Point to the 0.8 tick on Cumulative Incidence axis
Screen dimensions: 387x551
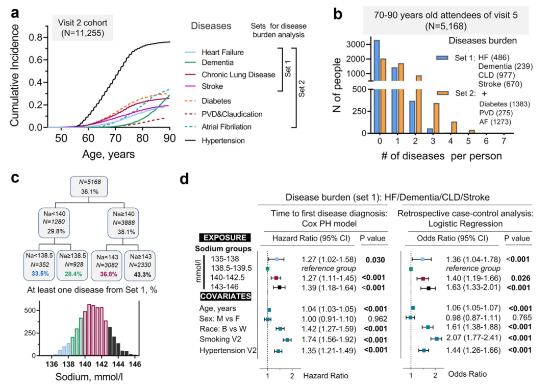[35, 37]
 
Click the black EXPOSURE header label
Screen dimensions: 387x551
[226, 237]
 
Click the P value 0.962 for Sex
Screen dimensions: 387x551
[374, 319]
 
